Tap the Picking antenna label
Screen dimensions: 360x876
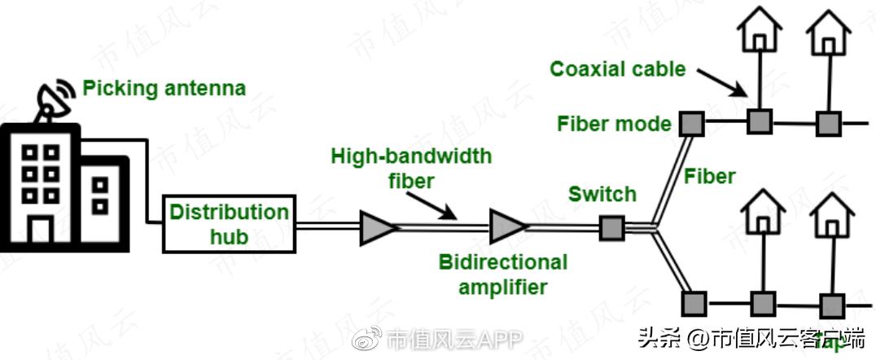[x=164, y=87]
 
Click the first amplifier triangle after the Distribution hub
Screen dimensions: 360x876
[x=377, y=227]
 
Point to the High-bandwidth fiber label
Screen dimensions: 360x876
[x=411, y=167]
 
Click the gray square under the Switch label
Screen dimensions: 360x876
[x=611, y=227]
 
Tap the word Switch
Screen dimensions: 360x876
[x=602, y=194]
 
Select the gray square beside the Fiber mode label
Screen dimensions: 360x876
[x=691, y=123]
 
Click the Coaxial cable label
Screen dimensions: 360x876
[x=618, y=68]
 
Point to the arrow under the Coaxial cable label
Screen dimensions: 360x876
[x=721, y=81]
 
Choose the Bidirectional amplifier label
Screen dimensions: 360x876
[x=503, y=274]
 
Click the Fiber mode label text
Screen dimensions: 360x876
[x=614, y=124]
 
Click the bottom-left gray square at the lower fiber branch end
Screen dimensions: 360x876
[x=693, y=303]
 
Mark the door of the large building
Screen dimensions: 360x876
[x=38, y=230]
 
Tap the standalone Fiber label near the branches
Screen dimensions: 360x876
[x=710, y=175]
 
